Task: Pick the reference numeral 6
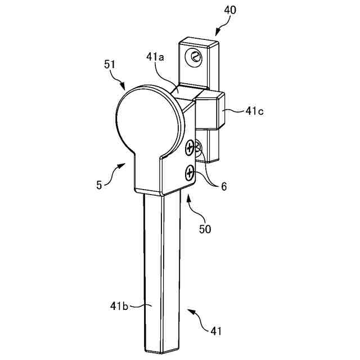click(223, 187)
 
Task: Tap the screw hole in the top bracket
click(194, 56)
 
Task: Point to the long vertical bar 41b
click(162, 270)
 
